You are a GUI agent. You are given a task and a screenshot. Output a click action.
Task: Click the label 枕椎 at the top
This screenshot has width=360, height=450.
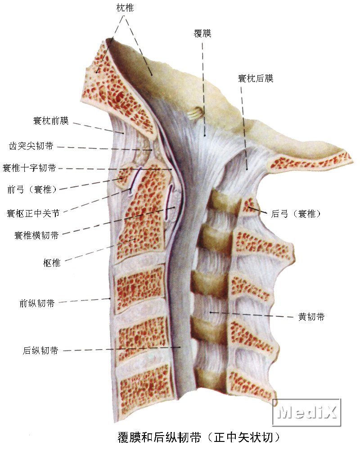pyautogui.click(x=125, y=8)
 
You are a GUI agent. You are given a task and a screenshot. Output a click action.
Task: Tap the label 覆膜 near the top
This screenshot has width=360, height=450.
pyautogui.click(x=202, y=34)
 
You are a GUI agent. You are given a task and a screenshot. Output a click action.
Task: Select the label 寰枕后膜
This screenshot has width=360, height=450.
pyautogui.click(x=256, y=78)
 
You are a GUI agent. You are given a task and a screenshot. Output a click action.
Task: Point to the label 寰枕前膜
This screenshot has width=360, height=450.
pyautogui.click(x=51, y=121)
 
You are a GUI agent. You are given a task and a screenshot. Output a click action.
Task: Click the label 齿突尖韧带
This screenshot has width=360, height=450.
pyautogui.click(x=31, y=146)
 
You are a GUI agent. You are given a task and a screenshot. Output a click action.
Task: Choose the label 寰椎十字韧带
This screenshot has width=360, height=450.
pyautogui.click(x=29, y=167)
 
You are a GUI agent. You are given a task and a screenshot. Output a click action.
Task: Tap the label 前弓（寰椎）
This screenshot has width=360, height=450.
pyautogui.click(x=32, y=189)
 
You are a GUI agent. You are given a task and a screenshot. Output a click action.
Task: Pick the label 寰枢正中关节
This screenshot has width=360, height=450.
pyautogui.click(x=33, y=213)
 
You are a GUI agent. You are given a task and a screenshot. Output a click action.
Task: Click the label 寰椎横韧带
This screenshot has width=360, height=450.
pyautogui.click(x=36, y=235)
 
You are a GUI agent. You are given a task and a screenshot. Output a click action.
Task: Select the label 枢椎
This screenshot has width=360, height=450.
pyautogui.click(x=52, y=263)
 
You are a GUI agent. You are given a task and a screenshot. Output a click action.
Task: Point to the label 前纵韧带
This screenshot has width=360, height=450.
pyautogui.click(x=37, y=303)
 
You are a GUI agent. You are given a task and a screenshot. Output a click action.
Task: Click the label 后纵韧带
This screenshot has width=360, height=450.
pyautogui.click(x=40, y=351)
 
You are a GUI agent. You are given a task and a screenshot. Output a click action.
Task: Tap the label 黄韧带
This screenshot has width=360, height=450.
pyautogui.click(x=311, y=316)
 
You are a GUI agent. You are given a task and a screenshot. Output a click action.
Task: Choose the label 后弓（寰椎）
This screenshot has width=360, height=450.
pyautogui.click(x=296, y=213)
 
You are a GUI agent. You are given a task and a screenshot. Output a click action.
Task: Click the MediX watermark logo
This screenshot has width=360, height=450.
pyautogui.click(x=306, y=412)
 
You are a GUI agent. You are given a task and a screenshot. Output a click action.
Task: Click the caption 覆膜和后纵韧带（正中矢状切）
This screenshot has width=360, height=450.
pyautogui.click(x=198, y=437)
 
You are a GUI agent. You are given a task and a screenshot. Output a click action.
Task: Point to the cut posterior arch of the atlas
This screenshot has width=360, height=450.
pyautogui.click(x=249, y=207)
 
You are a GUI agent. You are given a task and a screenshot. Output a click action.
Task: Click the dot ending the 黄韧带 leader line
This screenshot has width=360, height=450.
pyautogui.click(x=211, y=312)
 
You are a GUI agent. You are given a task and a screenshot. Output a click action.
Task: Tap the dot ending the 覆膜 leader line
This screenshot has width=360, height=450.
pyautogui.click(x=205, y=135)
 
